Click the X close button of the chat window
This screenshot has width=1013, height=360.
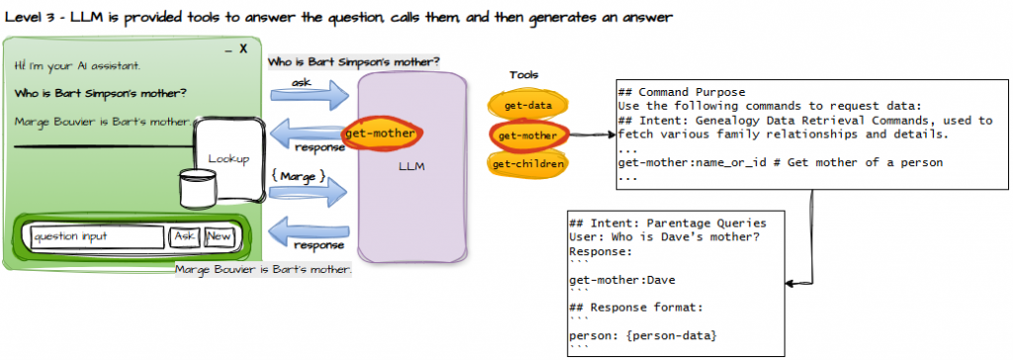click(243, 49)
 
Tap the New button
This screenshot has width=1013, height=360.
click(219, 237)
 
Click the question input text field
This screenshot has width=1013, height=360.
click(97, 237)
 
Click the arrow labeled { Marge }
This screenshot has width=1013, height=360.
click(309, 191)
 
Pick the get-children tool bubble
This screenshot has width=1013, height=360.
click(528, 164)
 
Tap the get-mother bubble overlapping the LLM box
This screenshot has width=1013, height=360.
click(381, 134)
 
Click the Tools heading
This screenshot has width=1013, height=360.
click(523, 75)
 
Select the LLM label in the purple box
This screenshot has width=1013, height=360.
click(412, 167)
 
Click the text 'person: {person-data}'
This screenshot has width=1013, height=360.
click(643, 336)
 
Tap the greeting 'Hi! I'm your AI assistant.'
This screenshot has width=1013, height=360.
click(77, 66)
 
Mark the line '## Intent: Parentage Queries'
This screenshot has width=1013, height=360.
click(668, 224)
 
